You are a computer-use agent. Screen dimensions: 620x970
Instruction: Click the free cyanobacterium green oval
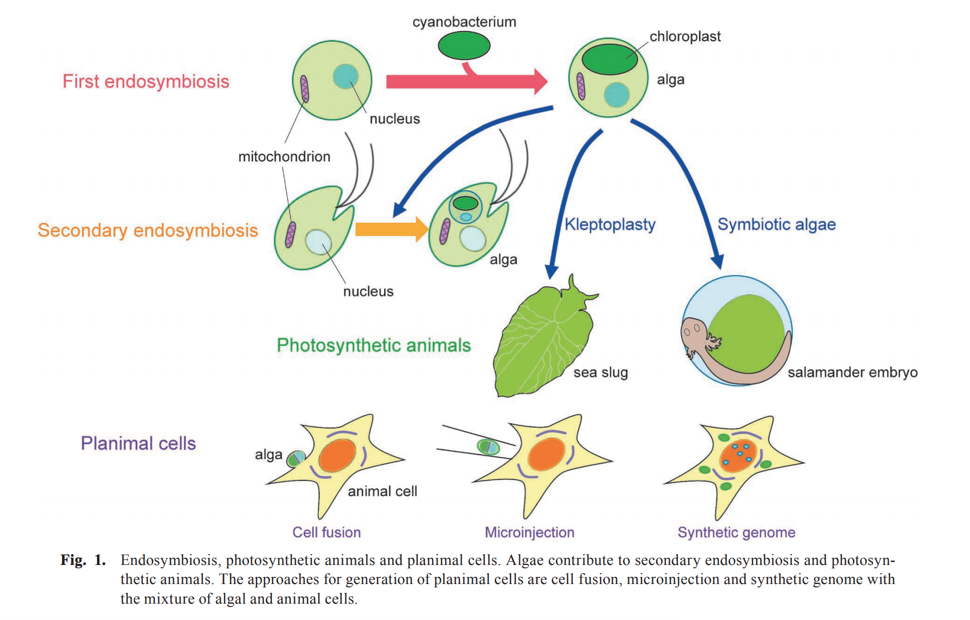click(x=464, y=45)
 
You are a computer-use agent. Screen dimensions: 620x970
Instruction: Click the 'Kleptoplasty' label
click(x=610, y=224)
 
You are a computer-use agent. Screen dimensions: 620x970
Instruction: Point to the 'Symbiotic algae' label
click(x=776, y=224)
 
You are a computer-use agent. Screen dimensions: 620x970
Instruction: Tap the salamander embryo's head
click(x=694, y=331)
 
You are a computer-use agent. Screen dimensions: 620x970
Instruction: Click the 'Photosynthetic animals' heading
click(x=373, y=345)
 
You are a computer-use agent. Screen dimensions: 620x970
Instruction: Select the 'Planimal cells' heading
click(x=138, y=443)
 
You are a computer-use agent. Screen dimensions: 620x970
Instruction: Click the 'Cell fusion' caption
click(x=326, y=532)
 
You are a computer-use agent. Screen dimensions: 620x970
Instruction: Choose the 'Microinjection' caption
click(x=529, y=532)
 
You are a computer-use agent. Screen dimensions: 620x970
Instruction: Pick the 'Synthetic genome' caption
click(x=736, y=532)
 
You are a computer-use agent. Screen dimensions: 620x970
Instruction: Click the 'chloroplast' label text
click(x=685, y=37)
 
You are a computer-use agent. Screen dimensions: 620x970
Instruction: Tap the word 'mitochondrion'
click(x=284, y=157)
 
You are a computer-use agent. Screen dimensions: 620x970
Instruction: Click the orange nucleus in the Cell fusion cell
click(x=337, y=455)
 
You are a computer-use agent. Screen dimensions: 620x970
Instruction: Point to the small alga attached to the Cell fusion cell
click(x=296, y=459)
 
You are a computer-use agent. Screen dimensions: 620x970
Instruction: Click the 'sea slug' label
click(x=601, y=373)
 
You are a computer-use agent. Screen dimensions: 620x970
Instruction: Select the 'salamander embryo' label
click(x=852, y=373)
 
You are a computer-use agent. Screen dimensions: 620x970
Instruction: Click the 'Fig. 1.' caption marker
click(x=83, y=560)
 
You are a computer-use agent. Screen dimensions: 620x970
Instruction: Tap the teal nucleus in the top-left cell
click(x=345, y=76)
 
